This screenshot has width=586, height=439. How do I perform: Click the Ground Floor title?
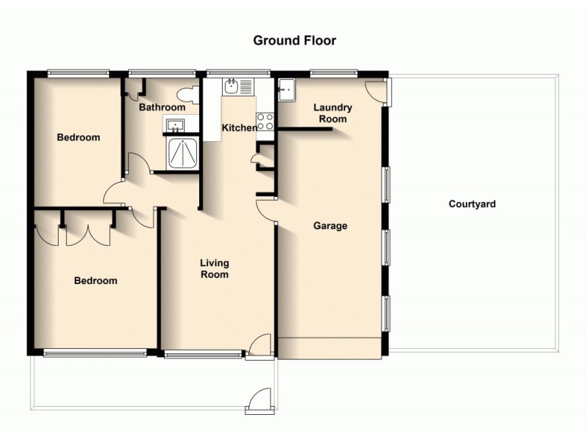[294, 40]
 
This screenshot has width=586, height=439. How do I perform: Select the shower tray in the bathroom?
[182, 154]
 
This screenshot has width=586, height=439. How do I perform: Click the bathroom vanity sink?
[176, 126]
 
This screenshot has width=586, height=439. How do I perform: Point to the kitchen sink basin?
[231, 87]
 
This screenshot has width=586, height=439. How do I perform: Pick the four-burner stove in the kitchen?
[265, 121]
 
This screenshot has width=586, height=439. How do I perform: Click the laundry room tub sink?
[286, 89]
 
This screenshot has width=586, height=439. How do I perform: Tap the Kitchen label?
[240, 128]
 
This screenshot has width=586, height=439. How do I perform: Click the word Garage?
[330, 226]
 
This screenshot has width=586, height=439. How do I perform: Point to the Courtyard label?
[472, 204]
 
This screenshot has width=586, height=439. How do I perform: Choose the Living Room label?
[215, 269]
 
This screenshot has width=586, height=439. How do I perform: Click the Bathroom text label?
[161, 107]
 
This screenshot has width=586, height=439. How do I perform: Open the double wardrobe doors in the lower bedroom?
[87, 233]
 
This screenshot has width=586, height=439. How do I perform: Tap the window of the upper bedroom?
[78, 72]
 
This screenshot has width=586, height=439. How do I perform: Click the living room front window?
[203, 355]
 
